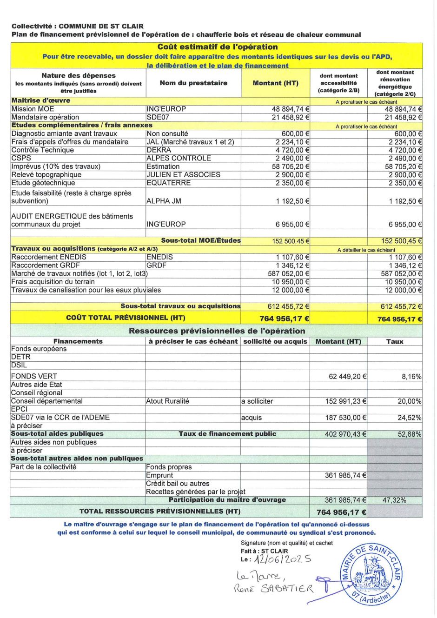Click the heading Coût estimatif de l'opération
click(x=217, y=47)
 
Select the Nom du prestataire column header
click(x=193, y=83)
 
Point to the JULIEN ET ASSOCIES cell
click(x=183, y=175)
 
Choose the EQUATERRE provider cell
click(x=168, y=183)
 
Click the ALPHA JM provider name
click(x=164, y=201)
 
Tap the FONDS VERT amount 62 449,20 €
click(x=347, y=377)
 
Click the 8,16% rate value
click(x=411, y=377)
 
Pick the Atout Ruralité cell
click(x=167, y=401)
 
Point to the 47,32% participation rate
click(x=394, y=500)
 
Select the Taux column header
click(x=394, y=341)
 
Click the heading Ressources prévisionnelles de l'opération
click(x=217, y=331)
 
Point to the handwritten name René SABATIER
click(x=273, y=589)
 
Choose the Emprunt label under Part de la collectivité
click(x=159, y=475)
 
